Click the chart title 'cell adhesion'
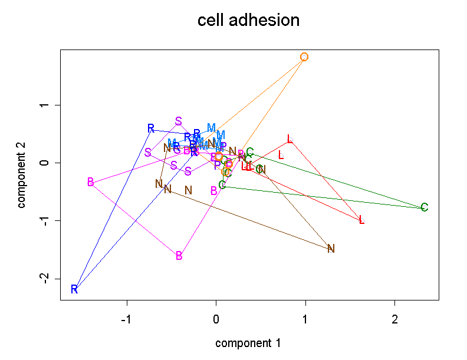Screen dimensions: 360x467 [x=248, y=21]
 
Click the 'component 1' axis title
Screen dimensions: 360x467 [x=248, y=343]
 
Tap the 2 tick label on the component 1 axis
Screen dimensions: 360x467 [x=395, y=320]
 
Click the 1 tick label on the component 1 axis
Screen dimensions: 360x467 [x=305, y=320]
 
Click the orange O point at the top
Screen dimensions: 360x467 [x=304, y=57]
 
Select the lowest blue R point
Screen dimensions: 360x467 [x=74, y=289]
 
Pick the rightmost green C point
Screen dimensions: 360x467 [x=425, y=207]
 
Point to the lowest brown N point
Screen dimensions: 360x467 [x=331, y=249]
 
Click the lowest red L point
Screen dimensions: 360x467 [x=361, y=220]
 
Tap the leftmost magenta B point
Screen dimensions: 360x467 [x=90, y=182]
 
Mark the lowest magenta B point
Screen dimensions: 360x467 [x=179, y=256]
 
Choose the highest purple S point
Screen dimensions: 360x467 [x=179, y=121]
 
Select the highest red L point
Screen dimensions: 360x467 [x=290, y=139]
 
